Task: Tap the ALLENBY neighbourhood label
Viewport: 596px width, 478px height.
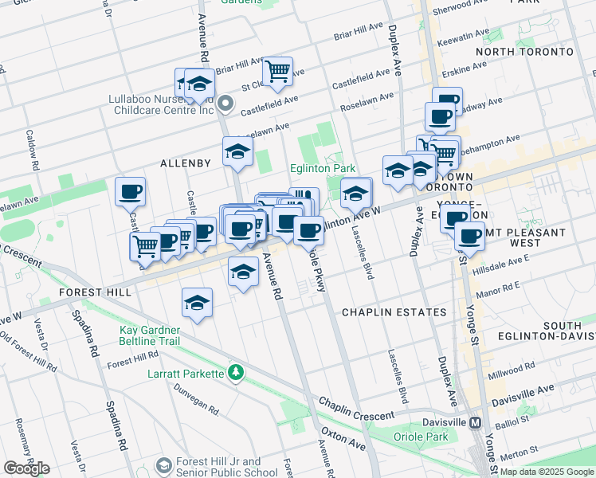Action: [x=186, y=163]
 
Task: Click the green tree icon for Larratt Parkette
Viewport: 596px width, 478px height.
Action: [x=235, y=372]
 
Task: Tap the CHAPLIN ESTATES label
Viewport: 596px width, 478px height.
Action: [x=394, y=312]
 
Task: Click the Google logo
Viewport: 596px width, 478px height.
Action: [x=26, y=468]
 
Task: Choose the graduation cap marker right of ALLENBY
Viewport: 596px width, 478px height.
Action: [x=237, y=152]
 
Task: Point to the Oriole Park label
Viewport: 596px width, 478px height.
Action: [x=420, y=437]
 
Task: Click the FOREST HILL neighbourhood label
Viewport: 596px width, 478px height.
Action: [x=95, y=292]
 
